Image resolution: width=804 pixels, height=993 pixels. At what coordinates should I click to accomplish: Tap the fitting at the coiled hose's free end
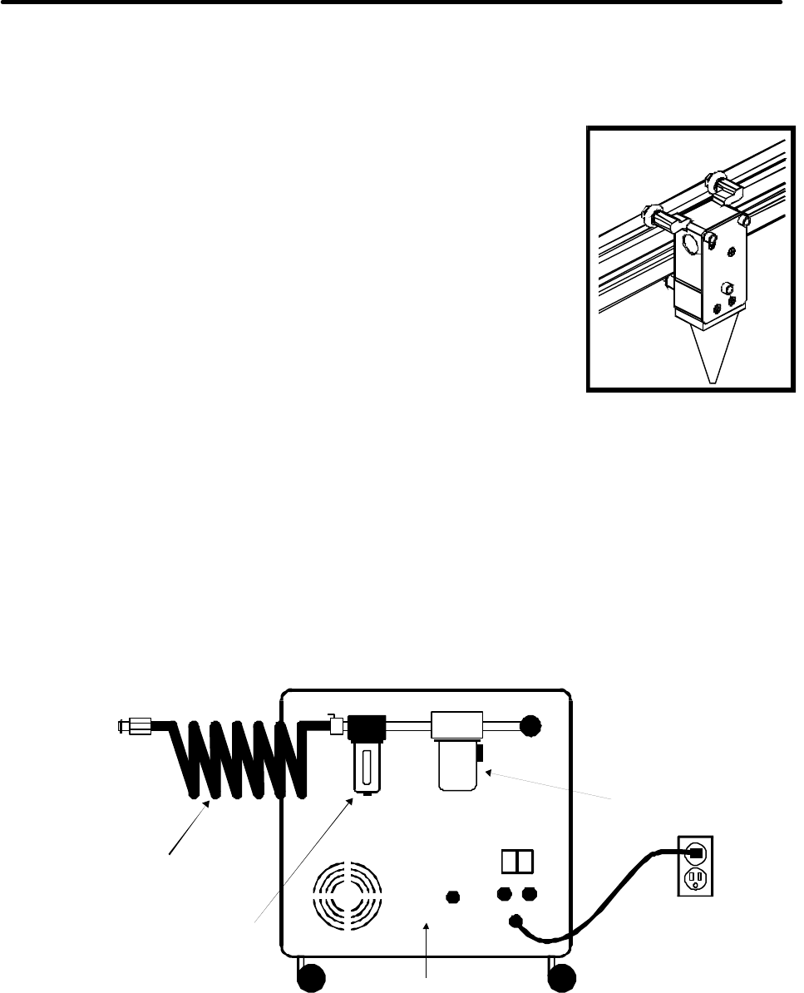click(x=132, y=725)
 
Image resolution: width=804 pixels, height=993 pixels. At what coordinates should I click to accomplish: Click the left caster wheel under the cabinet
click(x=313, y=980)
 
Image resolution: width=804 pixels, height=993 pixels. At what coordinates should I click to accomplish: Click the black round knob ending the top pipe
click(x=527, y=726)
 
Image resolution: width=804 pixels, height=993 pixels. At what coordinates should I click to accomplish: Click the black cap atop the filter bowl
click(x=363, y=729)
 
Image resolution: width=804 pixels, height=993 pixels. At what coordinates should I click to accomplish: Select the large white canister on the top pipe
click(x=456, y=750)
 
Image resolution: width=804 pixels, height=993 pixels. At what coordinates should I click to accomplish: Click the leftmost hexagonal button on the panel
click(x=452, y=897)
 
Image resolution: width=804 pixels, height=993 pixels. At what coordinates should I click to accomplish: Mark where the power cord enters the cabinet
click(x=515, y=921)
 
